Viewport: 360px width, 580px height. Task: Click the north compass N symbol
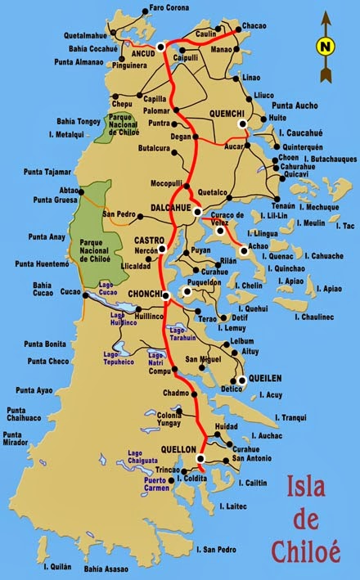coord(325,46)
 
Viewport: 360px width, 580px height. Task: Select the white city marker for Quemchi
coord(242,124)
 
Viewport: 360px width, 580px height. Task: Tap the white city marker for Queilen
coord(241,380)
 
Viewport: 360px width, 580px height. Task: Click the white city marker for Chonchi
coord(165,295)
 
